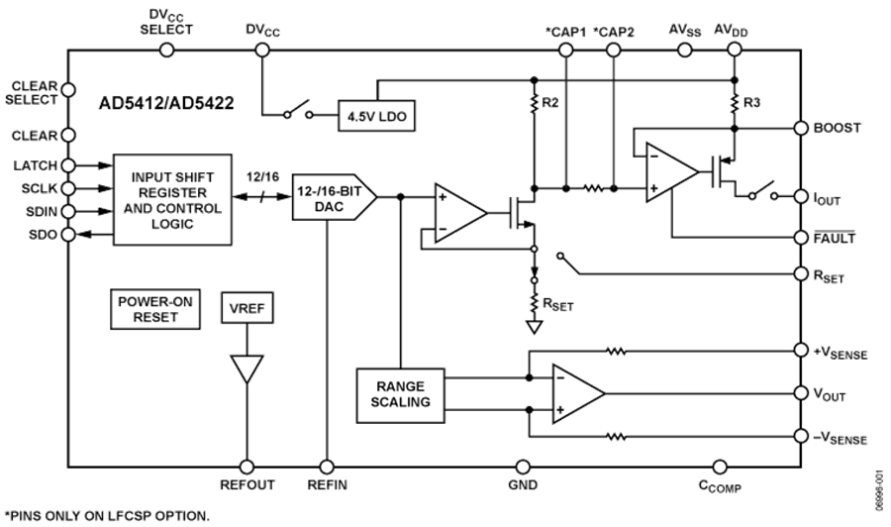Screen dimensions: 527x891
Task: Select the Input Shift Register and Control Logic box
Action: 172,199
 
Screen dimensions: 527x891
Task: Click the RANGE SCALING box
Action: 400,394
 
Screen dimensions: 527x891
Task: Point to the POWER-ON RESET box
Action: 149,309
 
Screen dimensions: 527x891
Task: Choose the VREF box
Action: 247,310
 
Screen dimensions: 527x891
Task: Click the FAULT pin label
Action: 834,238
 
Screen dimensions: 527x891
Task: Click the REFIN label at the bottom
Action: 327,485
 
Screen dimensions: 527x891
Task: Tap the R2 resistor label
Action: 549,102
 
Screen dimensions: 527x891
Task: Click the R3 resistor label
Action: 750,103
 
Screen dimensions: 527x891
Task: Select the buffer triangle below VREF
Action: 246,369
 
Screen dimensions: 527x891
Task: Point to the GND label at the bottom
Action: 523,485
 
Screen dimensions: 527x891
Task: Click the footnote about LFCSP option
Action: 109,516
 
